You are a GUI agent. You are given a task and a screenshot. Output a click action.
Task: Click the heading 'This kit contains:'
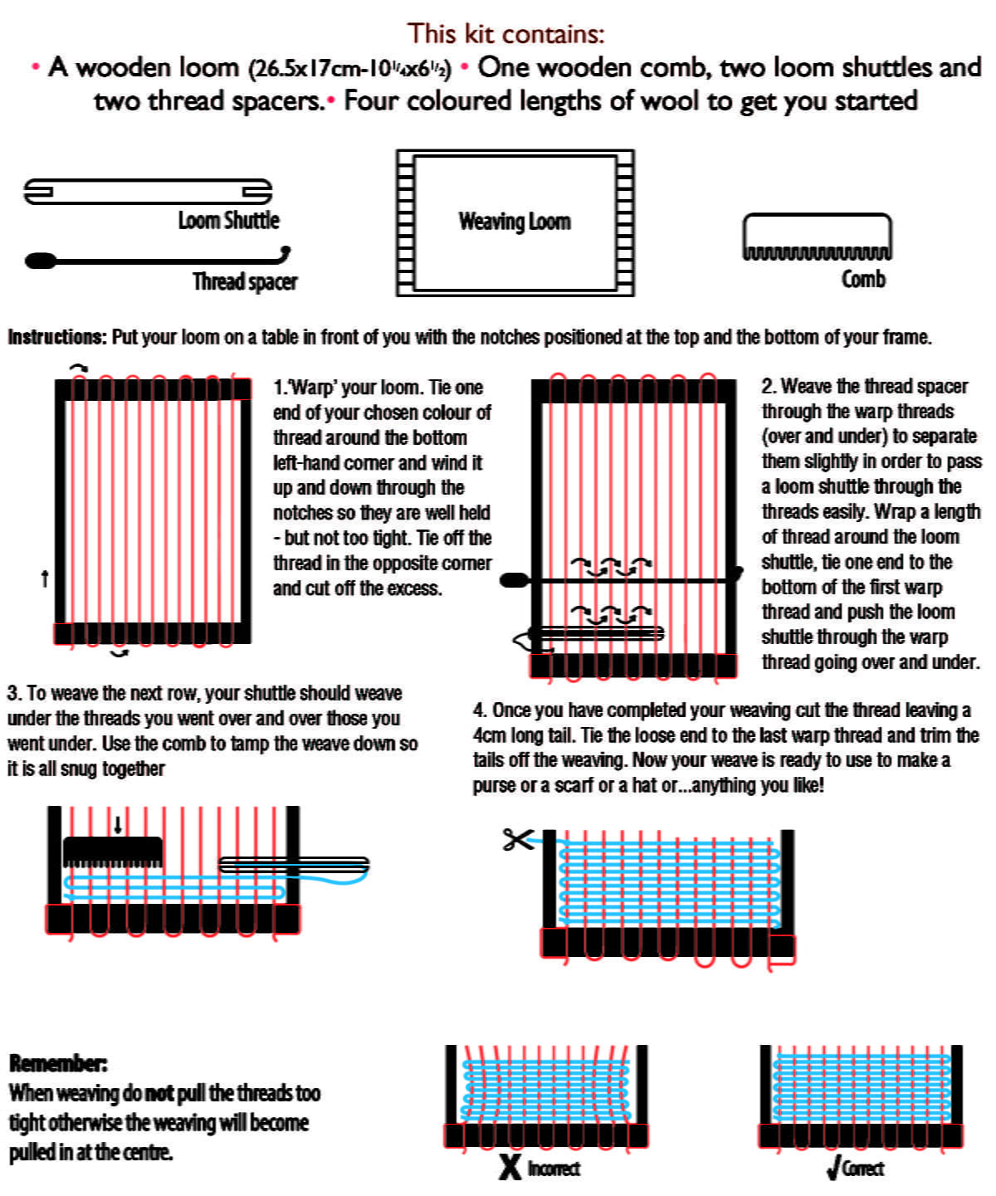505,33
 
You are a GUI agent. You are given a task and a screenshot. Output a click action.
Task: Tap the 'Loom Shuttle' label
228,220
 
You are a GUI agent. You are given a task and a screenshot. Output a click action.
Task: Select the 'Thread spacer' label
245,281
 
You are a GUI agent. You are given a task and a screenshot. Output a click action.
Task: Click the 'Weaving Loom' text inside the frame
515,222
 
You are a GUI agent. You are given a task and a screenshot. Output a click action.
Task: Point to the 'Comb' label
863,279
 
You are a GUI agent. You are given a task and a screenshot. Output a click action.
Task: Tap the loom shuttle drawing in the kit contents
148,192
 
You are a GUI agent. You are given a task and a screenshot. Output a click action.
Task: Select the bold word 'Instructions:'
57,337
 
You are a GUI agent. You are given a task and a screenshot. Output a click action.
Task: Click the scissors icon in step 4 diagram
517,839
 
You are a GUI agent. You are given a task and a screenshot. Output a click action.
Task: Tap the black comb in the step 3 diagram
112,852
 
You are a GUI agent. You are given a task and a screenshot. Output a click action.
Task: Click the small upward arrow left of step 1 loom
45,578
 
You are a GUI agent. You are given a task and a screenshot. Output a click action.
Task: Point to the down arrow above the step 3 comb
118,824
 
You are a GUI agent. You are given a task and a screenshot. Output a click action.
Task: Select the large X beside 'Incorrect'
510,1166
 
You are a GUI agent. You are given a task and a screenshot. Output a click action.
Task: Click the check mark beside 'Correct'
832,1168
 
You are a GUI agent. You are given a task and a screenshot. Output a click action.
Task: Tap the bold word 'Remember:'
58,1063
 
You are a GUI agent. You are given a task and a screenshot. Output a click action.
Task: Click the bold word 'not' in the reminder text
159,1093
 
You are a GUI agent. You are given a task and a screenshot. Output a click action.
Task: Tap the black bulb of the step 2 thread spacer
514,579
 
